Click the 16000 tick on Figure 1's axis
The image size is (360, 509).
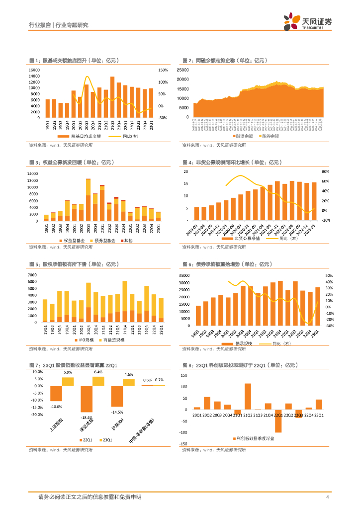(34, 70)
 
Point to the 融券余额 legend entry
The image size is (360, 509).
(270, 136)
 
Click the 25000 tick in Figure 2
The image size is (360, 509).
(182, 70)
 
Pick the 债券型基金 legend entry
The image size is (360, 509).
(104, 241)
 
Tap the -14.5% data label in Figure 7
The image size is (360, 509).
(117, 412)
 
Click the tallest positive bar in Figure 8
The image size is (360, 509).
(248, 396)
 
